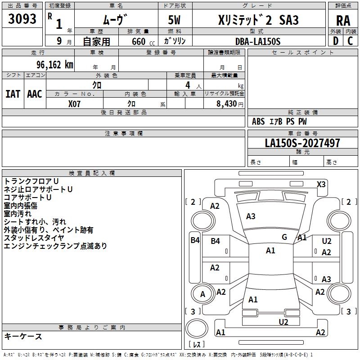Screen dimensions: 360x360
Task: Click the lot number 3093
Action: [x=22, y=20]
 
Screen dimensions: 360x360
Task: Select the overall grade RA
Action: [x=343, y=21]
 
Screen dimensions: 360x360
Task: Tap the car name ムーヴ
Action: [x=115, y=20]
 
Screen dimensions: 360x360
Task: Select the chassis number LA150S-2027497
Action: [x=302, y=143]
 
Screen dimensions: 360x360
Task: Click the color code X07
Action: [x=75, y=103]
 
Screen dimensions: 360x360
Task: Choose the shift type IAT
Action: [x=13, y=94]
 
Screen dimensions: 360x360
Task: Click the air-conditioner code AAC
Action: [x=34, y=94]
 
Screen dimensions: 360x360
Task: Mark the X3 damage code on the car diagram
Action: [x=321, y=184]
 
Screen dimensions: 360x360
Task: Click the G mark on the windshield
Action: [x=284, y=237]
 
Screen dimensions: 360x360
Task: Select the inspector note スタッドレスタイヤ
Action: [x=34, y=238]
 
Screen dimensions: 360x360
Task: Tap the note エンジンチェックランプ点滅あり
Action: [x=55, y=246]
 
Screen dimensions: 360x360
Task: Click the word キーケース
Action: [x=23, y=337]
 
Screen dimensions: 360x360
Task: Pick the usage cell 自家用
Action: [x=96, y=42]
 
